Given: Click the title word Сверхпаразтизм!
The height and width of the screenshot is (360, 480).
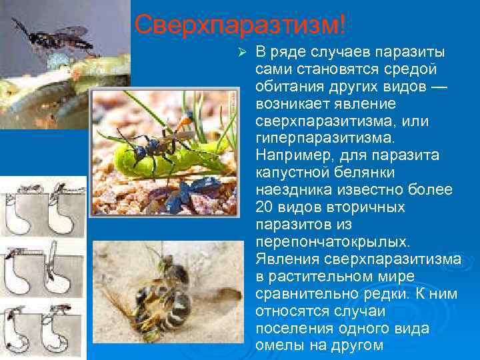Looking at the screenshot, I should point(240,26).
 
